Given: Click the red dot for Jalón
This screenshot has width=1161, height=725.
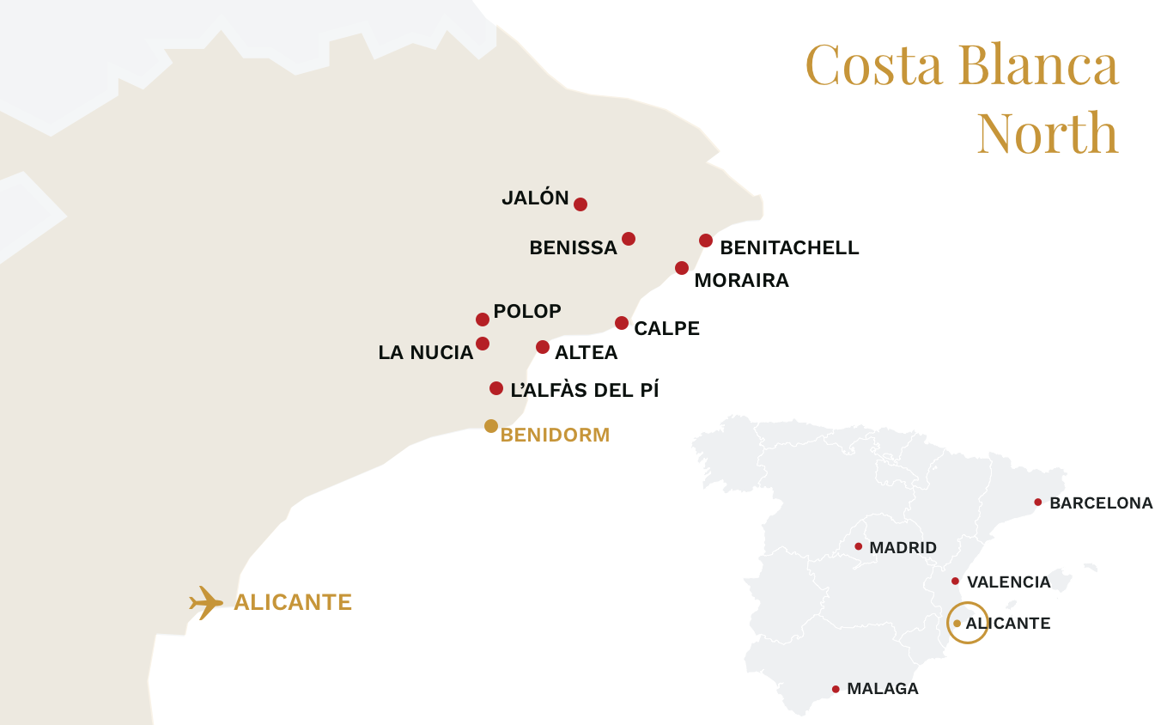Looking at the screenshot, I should pyautogui.click(x=580, y=204).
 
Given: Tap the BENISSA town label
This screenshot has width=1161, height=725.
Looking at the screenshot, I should pyautogui.click(x=573, y=248).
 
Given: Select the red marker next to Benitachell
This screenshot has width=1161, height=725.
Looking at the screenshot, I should pyautogui.click(x=706, y=241).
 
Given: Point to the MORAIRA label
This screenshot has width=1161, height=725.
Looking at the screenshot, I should pyautogui.click(x=741, y=281).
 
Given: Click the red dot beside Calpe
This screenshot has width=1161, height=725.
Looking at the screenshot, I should pyautogui.click(x=622, y=323).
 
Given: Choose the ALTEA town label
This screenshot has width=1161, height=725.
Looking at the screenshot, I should pyautogui.click(x=586, y=352).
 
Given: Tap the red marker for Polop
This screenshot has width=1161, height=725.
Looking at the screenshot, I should pyautogui.click(x=483, y=320).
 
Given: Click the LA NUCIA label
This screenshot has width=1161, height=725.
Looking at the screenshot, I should pyautogui.click(x=426, y=352).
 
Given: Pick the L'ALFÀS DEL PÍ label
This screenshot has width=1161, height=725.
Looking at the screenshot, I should pyautogui.click(x=584, y=390).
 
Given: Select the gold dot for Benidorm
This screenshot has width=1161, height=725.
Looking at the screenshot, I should pyautogui.click(x=491, y=426).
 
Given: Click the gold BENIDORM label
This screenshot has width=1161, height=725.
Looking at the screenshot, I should pyautogui.click(x=555, y=436).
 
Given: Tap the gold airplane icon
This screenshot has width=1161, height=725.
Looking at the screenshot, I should pyautogui.click(x=206, y=602).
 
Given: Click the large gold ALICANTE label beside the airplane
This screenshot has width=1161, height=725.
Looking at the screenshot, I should pyautogui.click(x=293, y=602).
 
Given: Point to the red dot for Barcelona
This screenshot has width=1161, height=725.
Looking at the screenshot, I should pyautogui.click(x=1038, y=503).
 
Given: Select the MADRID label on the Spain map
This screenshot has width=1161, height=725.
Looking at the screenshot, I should pyautogui.click(x=903, y=548).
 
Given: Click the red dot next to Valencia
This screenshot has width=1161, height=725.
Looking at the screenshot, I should pyautogui.click(x=956, y=582).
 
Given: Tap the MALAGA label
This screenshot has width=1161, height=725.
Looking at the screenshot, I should pyautogui.click(x=882, y=689).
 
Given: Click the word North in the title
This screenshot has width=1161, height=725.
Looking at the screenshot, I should pyautogui.click(x=1048, y=133).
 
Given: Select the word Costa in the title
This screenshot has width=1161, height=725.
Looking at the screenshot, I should pyautogui.click(x=873, y=65).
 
